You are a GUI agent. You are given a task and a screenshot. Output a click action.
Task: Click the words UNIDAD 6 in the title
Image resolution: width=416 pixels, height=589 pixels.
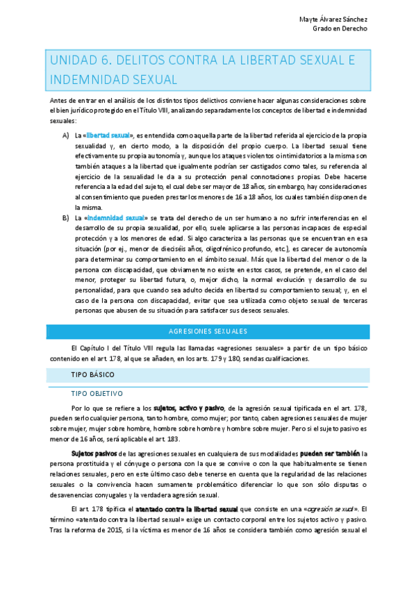pyautogui.click(x=76, y=62)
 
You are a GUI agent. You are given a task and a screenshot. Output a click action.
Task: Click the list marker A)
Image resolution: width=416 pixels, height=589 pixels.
pyautogui.click(x=65, y=135)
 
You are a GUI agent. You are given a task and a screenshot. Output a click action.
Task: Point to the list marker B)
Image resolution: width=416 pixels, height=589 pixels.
pyautogui.click(x=65, y=218)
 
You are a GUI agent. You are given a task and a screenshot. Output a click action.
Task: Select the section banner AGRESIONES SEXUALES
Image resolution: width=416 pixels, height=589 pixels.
pyautogui.click(x=208, y=332)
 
